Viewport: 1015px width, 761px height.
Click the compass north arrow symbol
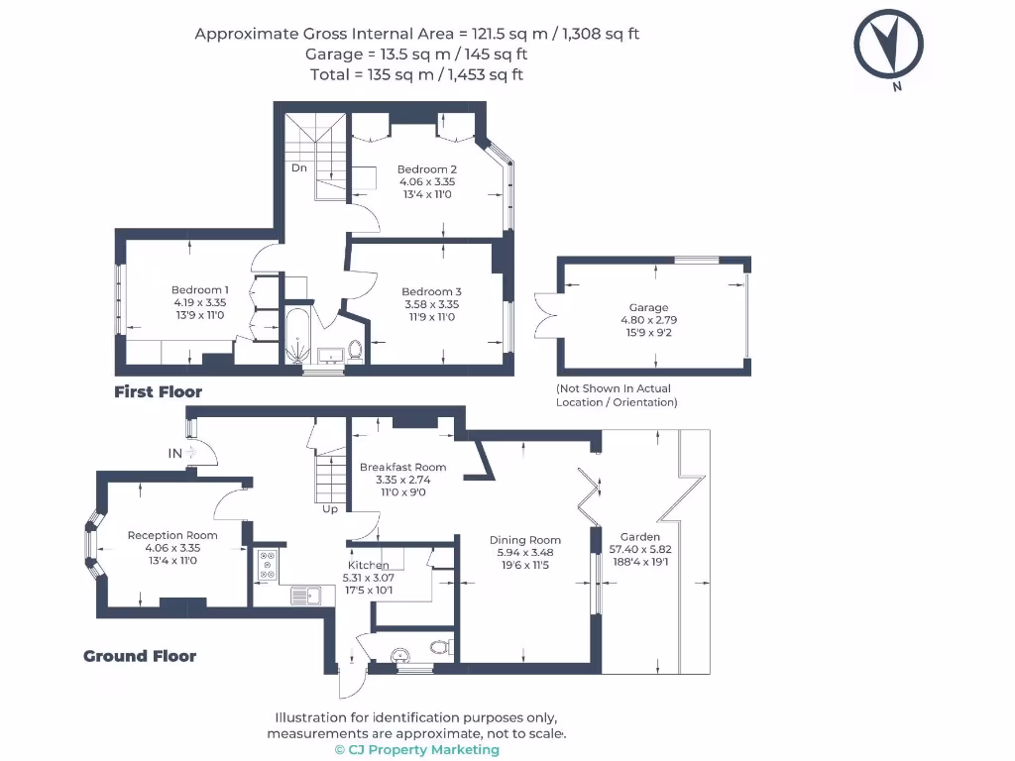click(x=889, y=46)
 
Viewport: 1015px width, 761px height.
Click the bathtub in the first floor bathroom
click(x=297, y=335)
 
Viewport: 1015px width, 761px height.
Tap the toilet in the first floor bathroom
click(x=355, y=350)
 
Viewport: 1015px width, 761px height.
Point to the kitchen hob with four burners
click(x=268, y=565)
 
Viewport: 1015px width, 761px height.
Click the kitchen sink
click(x=305, y=596)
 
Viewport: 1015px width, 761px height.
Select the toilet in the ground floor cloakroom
click(x=442, y=646)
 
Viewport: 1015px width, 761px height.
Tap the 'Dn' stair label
click(x=299, y=167)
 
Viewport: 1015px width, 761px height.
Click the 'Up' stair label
click(x=330, y=508)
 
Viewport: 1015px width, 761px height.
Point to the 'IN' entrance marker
click(x=174, y=453)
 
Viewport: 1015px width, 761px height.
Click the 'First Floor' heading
click(x=158, y=391)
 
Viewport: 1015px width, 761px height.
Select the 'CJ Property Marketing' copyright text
click(x=417, y=749)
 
